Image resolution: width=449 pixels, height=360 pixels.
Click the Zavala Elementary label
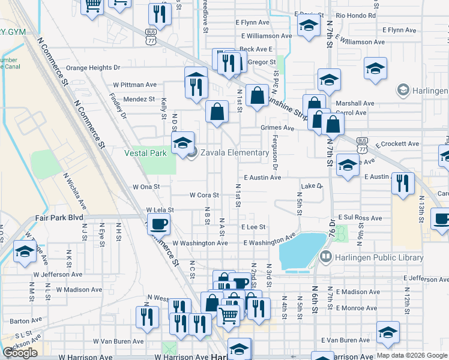[235, 153]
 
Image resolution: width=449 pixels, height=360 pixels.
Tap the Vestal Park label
[145, 153]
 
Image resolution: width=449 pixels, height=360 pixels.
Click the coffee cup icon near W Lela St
[158, 225]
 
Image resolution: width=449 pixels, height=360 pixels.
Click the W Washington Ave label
[200, 243]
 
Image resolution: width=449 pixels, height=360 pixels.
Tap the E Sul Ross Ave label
[360, 218]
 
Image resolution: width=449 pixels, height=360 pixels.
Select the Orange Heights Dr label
[92, 68]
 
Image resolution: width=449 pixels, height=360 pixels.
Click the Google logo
[20, 353]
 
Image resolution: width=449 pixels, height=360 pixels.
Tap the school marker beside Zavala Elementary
[182, 143]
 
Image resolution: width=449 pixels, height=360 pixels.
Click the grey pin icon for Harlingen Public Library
[326, 258]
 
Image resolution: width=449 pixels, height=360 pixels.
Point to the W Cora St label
[205, 195]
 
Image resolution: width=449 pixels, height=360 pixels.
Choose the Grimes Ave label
[277, 128]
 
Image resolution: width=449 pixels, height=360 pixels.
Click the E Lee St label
[253, 227]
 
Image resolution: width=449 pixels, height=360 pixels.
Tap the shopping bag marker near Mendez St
[217, 112]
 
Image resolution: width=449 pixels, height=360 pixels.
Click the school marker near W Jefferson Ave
[25, 253]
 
